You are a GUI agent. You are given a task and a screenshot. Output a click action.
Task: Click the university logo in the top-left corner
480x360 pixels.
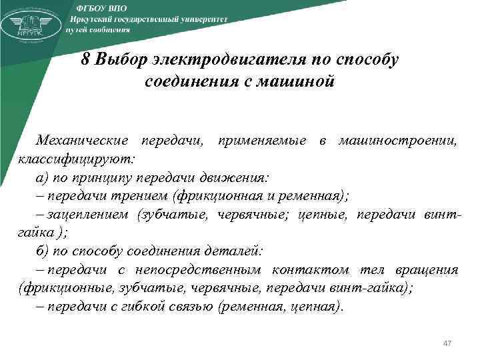click(x=30, y=25)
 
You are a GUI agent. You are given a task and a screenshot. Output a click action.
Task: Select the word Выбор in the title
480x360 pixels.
click(x=121, y=59)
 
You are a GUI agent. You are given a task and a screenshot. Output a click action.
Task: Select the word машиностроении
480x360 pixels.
click(x=398, y=141)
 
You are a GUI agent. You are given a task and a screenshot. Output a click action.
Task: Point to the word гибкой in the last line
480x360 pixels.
click(x=134, y=307)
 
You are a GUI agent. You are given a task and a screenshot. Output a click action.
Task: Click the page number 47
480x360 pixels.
click(x=447, y=343)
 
